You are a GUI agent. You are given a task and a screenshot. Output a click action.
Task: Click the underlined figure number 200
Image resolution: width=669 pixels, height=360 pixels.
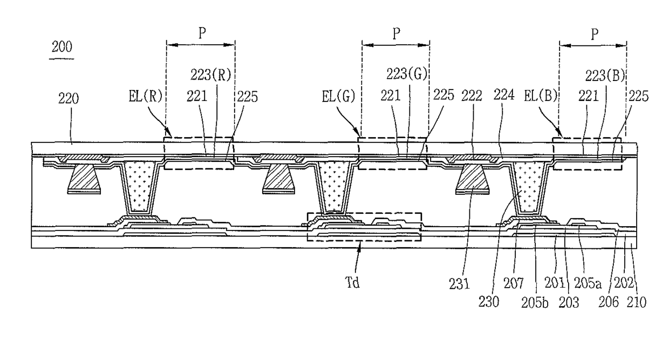pos(62,47)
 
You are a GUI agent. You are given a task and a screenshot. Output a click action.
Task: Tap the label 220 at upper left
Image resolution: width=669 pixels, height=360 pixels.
pos(69,99)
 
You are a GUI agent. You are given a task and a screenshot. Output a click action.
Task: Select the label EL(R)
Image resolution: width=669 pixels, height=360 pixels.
pos(146,96)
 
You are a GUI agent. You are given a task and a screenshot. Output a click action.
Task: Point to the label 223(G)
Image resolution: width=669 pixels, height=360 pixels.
pos(407,74)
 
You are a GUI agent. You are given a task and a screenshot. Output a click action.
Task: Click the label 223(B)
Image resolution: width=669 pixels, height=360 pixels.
pos(605,76)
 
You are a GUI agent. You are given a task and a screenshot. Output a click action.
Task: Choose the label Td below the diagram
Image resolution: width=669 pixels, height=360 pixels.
pos(352,282)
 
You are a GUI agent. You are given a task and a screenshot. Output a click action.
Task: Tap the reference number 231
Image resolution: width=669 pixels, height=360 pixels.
pos(459,284)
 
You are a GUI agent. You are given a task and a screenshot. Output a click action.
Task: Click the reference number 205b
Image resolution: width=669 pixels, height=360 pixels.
pos(535,303)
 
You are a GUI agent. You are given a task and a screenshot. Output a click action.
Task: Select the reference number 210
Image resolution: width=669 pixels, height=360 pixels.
pos(636,302)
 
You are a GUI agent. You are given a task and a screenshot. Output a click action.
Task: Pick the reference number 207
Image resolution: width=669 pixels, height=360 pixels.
pos(514,283)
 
